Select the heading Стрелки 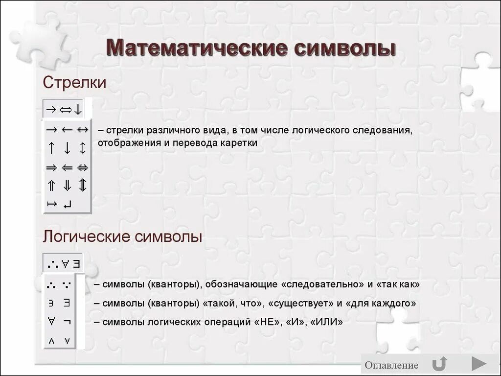[x=74, y=82]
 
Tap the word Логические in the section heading [x=87, y=236]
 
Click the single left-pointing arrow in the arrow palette [x=67, y=130]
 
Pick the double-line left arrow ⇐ [x=67, y=167]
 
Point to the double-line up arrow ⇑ [x=51, y=186]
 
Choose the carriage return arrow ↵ [x=67, y=204]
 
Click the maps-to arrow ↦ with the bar [x=52, y=204]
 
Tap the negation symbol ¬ [x=67, y=320]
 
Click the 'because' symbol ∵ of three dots [x=67, y=284]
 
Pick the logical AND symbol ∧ [x=51, y=341]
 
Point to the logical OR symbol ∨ [x=67, y=341]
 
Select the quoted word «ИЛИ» [x=326, y=322]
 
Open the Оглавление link [x=391, y=365]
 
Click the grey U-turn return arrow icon [x=439, y=364]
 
